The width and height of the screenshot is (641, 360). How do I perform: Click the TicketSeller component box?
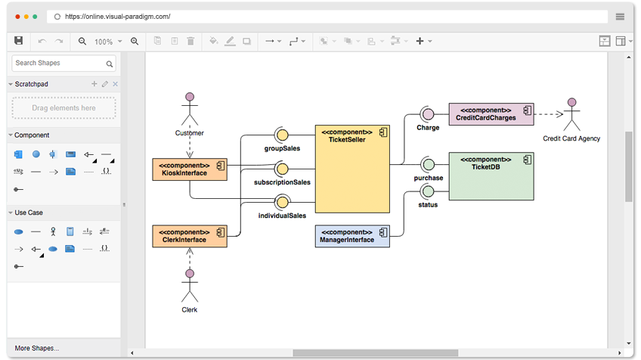352,169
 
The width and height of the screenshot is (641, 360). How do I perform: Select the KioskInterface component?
190,169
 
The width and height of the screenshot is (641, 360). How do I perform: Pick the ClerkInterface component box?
190,236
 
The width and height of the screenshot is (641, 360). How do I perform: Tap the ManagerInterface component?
352,236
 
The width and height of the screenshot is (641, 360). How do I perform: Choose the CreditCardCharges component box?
491,114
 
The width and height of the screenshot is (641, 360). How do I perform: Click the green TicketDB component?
491,176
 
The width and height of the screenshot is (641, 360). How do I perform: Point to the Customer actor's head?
190,97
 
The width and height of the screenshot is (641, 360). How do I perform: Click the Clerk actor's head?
190,273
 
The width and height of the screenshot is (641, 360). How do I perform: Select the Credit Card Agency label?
571,138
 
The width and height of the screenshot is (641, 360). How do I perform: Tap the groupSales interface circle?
282,135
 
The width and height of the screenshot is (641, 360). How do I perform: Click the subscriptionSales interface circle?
282,169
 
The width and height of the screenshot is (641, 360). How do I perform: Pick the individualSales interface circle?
282,202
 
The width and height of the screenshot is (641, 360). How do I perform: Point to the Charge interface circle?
428,114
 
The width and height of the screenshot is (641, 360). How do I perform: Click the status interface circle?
428,191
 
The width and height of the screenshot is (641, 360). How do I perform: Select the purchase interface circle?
429,164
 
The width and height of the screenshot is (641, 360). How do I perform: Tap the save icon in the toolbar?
18,41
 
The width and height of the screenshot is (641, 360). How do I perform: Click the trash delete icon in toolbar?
190,41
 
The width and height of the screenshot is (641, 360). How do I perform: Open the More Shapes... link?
37,348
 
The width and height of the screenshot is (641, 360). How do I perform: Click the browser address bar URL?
118,17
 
